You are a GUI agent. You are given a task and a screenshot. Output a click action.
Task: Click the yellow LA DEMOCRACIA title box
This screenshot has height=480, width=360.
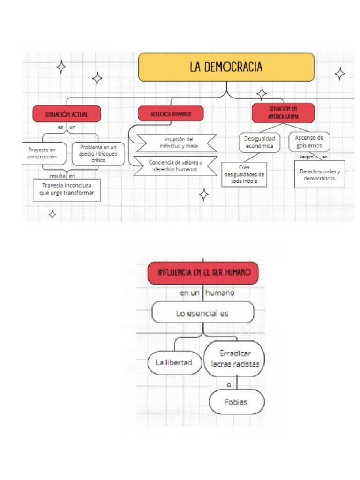pos(226,67)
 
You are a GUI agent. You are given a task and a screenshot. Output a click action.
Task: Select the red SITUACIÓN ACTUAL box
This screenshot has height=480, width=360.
pos(67,114)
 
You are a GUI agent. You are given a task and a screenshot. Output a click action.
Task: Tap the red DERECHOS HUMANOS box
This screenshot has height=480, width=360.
pos(171,113)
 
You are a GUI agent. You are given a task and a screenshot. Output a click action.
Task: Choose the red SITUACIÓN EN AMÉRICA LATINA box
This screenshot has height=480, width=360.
pos(283,113)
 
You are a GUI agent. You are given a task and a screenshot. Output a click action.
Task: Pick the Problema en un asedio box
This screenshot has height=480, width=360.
pos(98,153)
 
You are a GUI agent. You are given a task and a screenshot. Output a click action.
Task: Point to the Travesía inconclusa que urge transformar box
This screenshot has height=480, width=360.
pos(67,189)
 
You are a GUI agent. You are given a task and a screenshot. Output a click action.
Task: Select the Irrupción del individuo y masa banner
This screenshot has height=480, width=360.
pos(174,142)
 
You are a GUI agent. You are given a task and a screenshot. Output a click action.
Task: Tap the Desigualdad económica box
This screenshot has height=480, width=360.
pos(259,142)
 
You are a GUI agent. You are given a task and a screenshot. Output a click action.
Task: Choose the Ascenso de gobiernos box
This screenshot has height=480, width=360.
pos(309,141)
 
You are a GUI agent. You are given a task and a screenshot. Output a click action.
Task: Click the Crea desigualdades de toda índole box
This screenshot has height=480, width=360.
pos(244,174)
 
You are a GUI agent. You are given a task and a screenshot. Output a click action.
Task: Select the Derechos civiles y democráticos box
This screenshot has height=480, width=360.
pos(320,174)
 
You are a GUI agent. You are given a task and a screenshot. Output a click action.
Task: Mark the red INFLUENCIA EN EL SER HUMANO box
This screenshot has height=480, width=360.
pos(203,272)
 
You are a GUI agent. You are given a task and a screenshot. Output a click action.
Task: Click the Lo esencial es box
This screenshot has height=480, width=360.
pos(202,313)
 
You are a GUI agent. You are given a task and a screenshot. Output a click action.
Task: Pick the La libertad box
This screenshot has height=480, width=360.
pos(173,362)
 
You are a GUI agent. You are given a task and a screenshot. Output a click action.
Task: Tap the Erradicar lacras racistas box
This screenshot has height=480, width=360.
pos(235,359)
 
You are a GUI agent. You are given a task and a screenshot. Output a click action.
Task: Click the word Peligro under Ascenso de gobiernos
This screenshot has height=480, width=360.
pos(307,157)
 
